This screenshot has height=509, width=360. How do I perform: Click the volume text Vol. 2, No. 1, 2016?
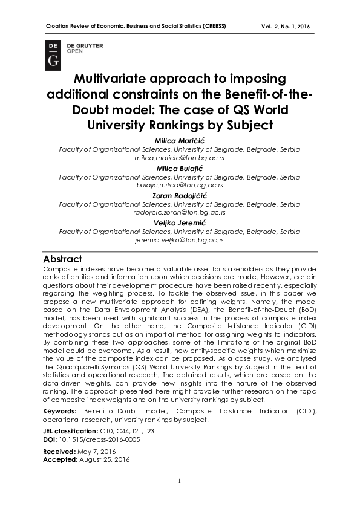tap(286, 27)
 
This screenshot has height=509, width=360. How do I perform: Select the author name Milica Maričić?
tap(180, 140)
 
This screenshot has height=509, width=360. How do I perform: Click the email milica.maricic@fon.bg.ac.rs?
tap(180, 156)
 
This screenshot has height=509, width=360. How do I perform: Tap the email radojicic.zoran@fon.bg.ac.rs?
tap(180, 212)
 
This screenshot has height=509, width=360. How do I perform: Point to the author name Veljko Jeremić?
tap(180, 222)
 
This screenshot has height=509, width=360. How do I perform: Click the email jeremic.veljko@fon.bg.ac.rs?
tap(180, 239)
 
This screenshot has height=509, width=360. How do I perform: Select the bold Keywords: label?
tap(60, 411)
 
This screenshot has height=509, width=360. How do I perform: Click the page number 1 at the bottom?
tap(180, 481)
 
